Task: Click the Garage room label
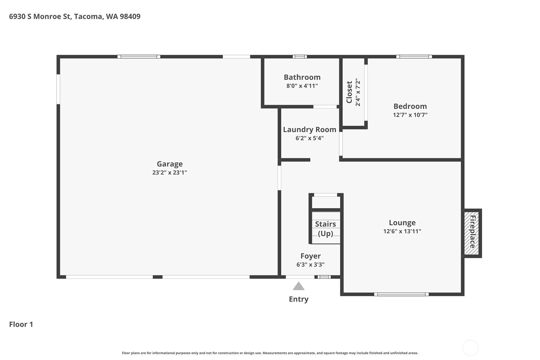170,164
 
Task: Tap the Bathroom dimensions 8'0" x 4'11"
302,86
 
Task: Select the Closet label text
349,92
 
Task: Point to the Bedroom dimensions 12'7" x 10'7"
410,115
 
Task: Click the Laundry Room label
310,130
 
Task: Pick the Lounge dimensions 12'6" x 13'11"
402,231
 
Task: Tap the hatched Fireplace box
472,233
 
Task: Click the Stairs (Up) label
326,229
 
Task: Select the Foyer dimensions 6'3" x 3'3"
311,265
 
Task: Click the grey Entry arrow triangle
299,286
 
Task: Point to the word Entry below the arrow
299,299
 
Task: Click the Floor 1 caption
21,324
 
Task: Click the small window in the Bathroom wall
300,57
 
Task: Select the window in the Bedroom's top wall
414,57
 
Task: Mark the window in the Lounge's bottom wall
401,294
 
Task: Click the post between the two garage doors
158,277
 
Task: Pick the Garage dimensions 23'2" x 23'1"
170,173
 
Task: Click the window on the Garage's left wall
58,89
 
